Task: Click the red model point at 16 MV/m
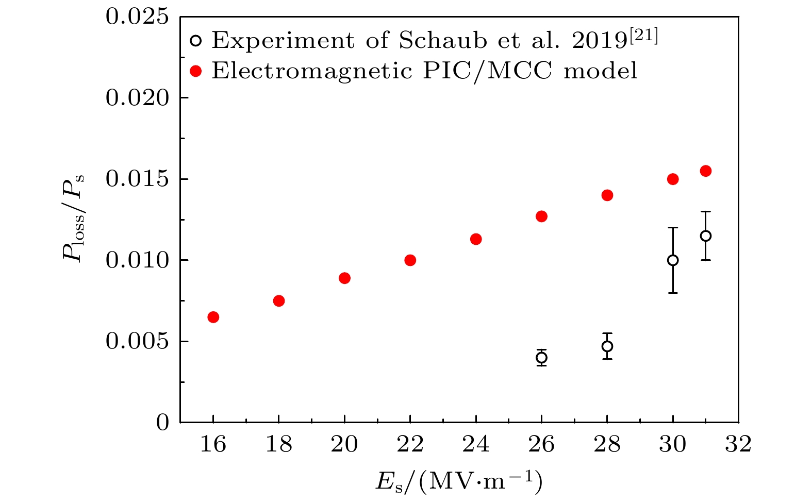coord(213,317)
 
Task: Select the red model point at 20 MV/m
coord(344,278)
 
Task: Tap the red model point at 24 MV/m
coord(476,239)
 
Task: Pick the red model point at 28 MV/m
coord(607,195)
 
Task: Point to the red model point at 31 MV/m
coord(705,171)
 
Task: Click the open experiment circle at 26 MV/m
coord(541,357)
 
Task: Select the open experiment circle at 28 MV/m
coord(607,346)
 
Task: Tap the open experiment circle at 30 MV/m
coord(673,260)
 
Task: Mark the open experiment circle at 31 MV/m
coord(705,236)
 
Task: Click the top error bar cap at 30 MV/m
coord(673,227)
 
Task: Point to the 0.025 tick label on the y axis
coord(137,17)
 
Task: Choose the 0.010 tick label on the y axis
coord(137,260)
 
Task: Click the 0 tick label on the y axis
coord(163,423)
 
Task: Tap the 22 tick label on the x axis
coord(410,444)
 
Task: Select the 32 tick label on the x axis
coord(738,444)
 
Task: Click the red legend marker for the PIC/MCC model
coord(195,71)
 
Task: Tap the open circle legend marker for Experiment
coord(195,40)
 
